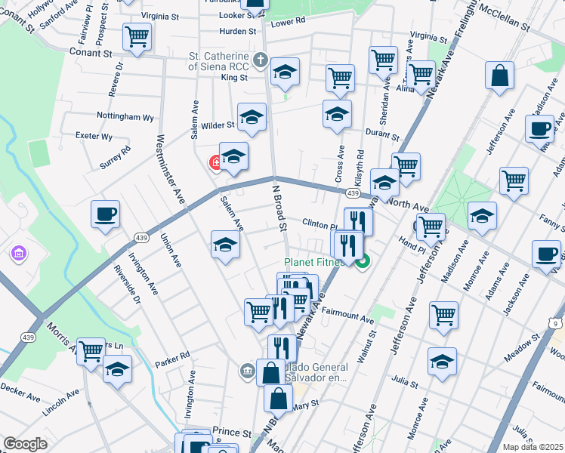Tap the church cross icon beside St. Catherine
[x=260, y=59]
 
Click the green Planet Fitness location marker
[x=363, y=263]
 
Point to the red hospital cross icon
[x=215, y=162]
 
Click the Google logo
[x=25, y=444]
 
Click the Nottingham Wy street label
[x=125, y=117]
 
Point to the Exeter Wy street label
[x=94, y=137]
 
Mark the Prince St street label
[x=231, y=433]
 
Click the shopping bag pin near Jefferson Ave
[x=500, y=76]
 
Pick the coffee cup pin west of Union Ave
[x=105, y=214]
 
